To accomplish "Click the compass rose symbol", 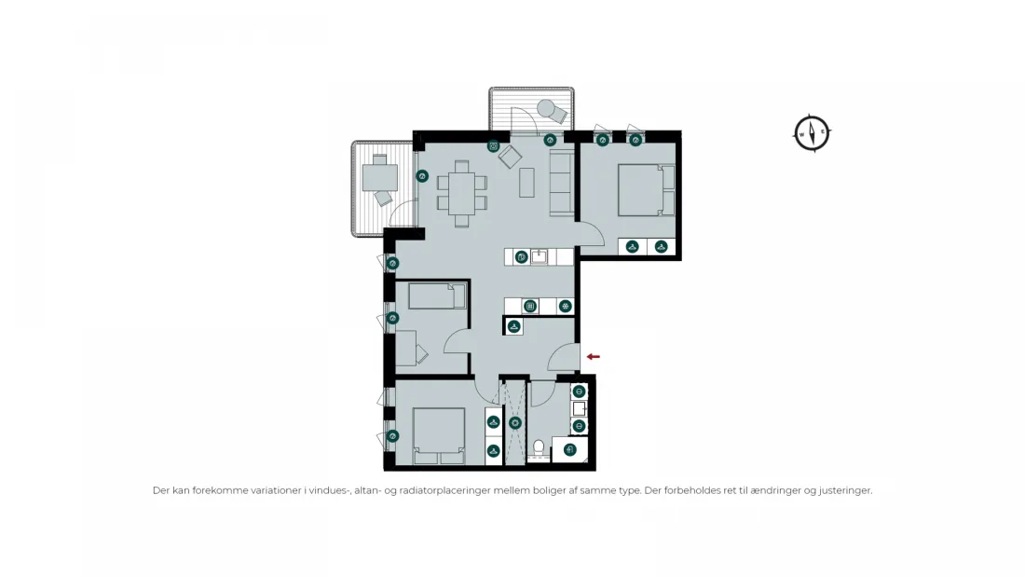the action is point(812,133).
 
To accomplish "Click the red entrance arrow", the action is point(593,356).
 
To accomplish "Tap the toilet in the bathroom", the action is point(539,449).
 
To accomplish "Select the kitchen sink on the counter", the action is point(539,256).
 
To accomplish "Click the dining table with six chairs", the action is point(461,194).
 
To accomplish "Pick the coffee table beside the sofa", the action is point(526,183).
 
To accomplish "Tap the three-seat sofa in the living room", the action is point(562,183).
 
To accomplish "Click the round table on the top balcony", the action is point(546,108).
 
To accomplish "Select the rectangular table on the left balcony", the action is point(380,176).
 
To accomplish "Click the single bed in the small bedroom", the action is point(437,295).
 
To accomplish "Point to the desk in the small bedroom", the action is point(405,348).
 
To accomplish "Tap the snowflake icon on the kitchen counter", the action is point(566,306).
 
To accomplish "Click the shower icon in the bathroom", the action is point(515,423).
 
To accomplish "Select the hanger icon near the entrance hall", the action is point(514,326).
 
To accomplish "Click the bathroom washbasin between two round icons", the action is point(580,409).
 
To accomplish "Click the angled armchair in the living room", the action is point(510,157).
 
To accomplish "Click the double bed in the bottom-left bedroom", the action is point(439,436).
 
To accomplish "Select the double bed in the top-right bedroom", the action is point(647,190).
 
